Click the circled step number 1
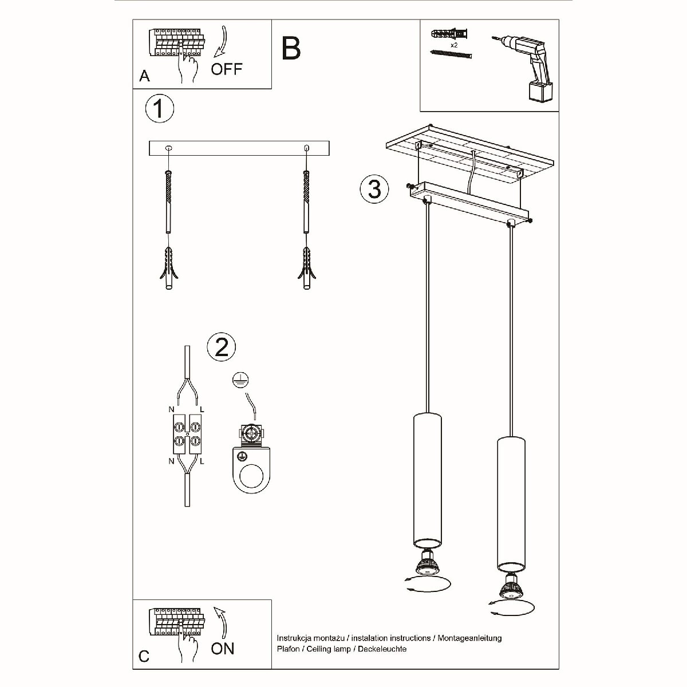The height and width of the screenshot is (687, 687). pyautogui.click(x=159, y=109)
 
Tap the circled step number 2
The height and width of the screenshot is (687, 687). pyautogui.click(x=222, y=347)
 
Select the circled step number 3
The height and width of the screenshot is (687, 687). pyautogui.click(x=374, y=188)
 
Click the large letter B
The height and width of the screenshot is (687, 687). pyautogui.click(x=291, y=48)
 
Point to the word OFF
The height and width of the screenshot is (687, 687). pyautogui.click(x=226, y=69)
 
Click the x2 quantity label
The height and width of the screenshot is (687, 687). pyautogui.click(x=454, y=45)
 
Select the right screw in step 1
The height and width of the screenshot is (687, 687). pyautogui.click(x=306, y=202)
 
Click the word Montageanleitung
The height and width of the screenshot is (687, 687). pyautogui.click(x=469, y=638)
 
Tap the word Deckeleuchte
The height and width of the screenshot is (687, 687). pyautogui.click(x=382, y=649)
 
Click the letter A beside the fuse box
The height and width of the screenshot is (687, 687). pyautogui.click(x=144, y=76)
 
